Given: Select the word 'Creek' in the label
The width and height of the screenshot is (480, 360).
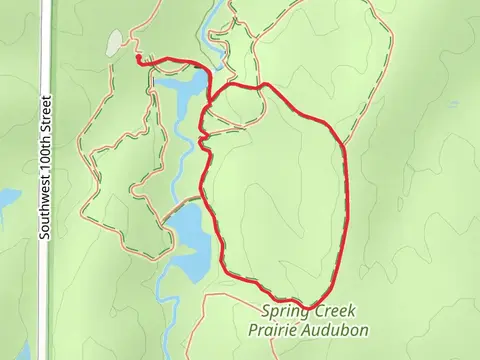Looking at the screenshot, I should point(338,313).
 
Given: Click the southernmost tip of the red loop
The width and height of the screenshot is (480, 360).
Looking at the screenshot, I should point(309,306).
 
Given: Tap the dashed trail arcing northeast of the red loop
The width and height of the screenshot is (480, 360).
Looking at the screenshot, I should point(330,40).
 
